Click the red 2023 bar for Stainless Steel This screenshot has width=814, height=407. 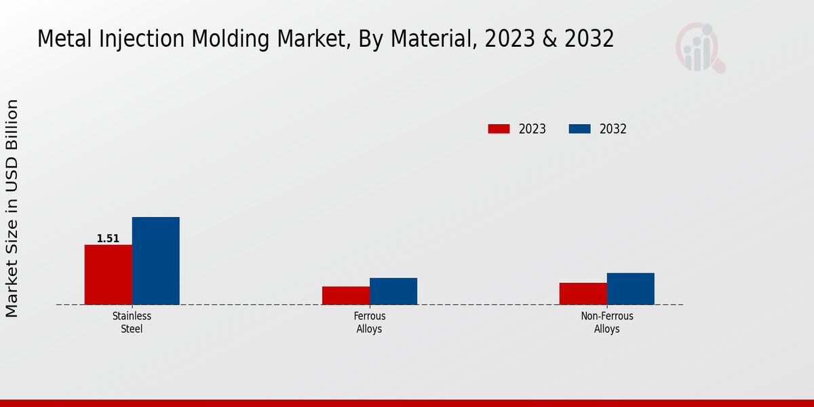(108, 274)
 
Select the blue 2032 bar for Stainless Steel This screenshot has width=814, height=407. (155, 260)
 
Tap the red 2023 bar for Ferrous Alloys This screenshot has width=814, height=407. (345, 295)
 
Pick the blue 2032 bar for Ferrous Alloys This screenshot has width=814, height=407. (393, 291)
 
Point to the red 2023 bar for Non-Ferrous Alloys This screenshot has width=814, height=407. (583, 293)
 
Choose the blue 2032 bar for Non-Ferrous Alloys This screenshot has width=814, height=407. (630, 288)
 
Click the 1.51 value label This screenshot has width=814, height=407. (108, 239)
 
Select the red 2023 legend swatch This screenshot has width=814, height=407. (499, 129)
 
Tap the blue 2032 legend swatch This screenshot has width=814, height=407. (579, 129)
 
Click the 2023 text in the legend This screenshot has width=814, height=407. (532, 129)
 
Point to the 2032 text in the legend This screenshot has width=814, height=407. (613, 129)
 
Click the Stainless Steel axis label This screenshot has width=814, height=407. (132, 322)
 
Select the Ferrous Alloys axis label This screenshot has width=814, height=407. (369, 322)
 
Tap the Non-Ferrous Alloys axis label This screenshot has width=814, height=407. (606, 322)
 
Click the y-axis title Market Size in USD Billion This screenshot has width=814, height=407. (12, 208)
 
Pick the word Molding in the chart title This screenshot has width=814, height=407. (217, 39)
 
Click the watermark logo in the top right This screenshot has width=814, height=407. (699, 47)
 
